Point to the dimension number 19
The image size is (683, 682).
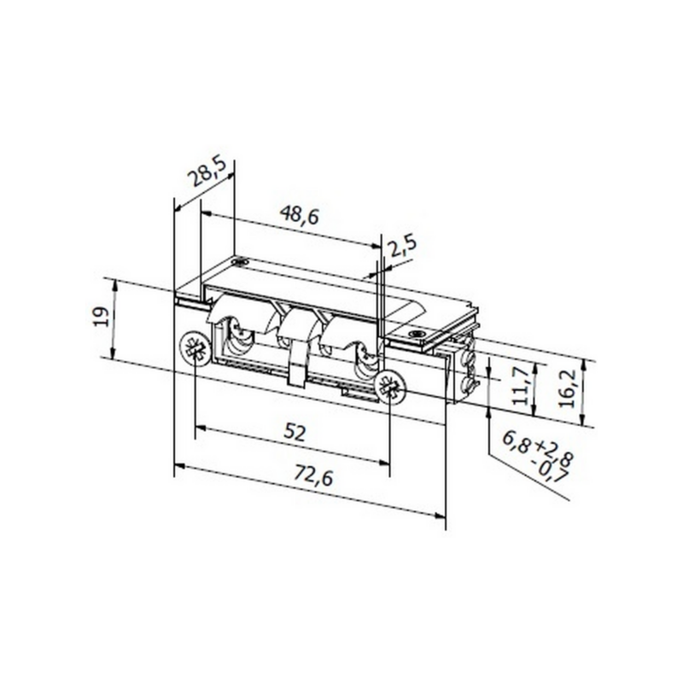tap(102, 317)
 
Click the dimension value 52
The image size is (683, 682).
tap(294, 433)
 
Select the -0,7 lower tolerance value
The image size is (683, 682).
tap(552, 474)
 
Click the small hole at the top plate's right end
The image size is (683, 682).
tap(417, 334)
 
